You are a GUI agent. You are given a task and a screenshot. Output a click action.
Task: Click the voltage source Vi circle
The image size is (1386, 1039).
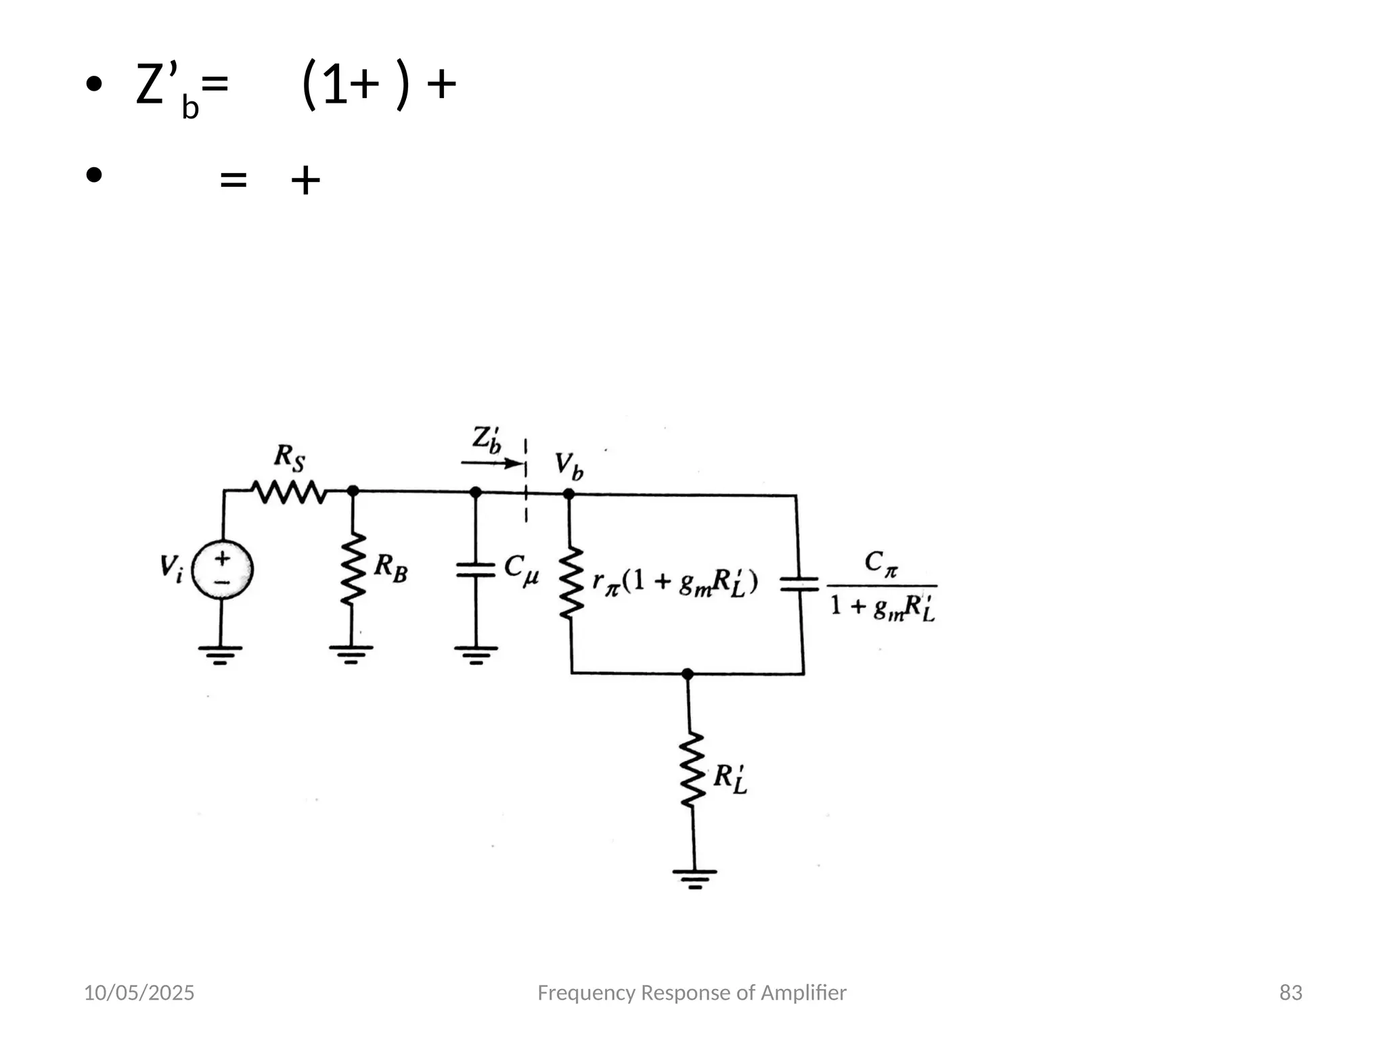click(x=222, y=570)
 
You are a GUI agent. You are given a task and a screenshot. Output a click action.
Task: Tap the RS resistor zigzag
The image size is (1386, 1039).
click(x=289, y=492)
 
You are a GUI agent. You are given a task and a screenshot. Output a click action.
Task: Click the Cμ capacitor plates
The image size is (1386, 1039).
click(x=476, y=570)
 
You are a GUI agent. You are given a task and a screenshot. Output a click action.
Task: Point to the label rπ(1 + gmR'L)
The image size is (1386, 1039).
click(x=675, y=582)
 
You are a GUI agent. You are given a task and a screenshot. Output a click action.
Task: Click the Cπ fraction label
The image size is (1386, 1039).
click(x=882, y=586)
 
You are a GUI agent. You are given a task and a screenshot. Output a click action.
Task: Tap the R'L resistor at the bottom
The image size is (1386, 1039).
click(x=692, y=770)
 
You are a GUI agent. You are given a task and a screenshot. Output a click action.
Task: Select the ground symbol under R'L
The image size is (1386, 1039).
click(x=694, y=878)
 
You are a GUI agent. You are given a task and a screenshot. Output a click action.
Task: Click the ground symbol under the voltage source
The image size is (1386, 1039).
click(x=220, y=654)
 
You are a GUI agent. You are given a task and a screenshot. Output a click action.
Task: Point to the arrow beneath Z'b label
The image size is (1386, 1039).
click(x=493, y=463)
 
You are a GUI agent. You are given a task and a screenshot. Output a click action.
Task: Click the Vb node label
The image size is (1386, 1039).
click(x=568, y=465)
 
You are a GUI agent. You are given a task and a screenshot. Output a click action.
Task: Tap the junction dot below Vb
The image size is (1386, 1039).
click(x=568, y=494)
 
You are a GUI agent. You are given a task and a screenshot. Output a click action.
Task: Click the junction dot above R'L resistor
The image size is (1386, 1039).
click(x=688, y=674)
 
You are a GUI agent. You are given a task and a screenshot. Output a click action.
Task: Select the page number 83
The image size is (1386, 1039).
click(x=1291, y=992)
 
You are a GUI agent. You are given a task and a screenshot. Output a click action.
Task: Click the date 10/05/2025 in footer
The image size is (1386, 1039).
click(x=139, y=992)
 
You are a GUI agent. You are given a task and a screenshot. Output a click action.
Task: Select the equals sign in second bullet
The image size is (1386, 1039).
click(x=233, y=180)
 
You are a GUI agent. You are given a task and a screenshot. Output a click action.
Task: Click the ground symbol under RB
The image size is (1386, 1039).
click(x=351, y=653)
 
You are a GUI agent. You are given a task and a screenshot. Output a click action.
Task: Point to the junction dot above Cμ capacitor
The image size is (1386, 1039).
click(x=476, y=492)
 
